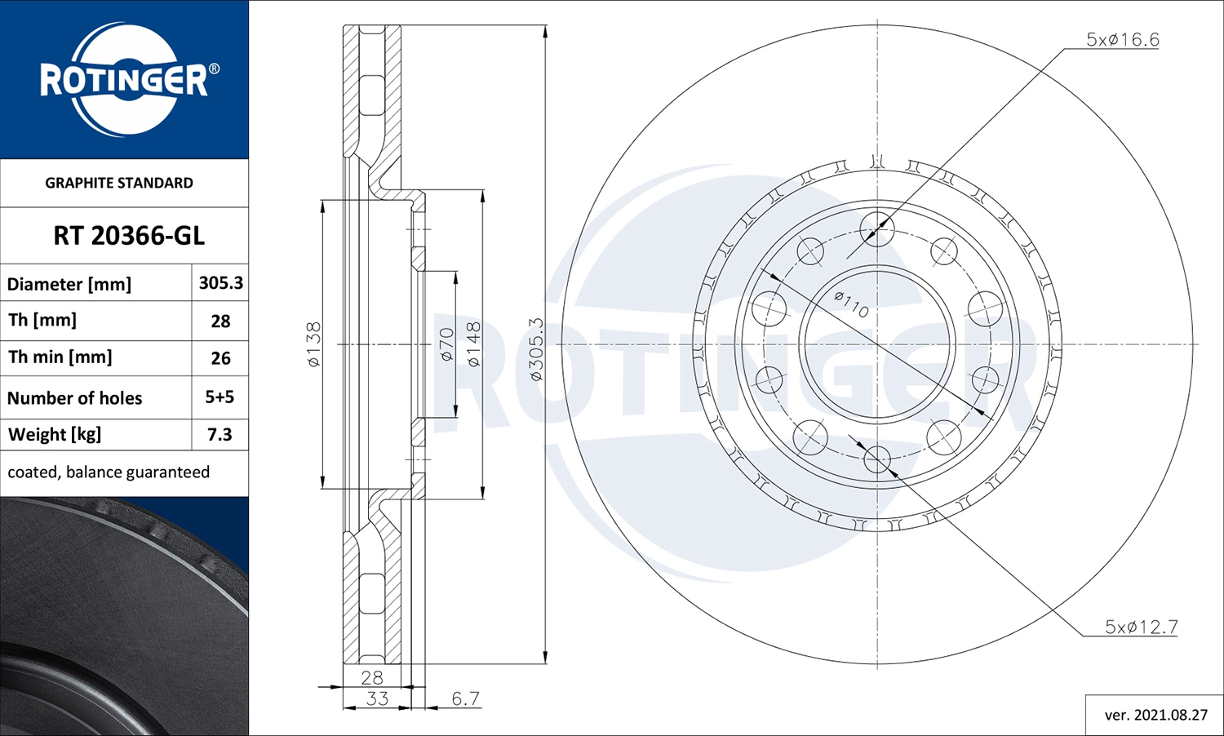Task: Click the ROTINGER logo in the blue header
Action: tap(127, 79)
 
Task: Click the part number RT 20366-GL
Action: tap(129, 236)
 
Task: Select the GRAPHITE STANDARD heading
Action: tap(119, 183)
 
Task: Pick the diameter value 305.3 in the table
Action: tap(220, 283)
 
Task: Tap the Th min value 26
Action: tap(220, 358)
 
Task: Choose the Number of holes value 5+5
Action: tap(220, 397)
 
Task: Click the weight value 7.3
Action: tap(220, 435)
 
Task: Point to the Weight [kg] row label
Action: tap(55, 435)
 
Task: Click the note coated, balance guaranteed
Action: tap(109, 472)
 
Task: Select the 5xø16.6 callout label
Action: tap(1122, 39)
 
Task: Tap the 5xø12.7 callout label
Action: tap(1141, 627)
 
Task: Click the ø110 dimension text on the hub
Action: tap(851, 304)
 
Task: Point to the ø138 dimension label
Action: tap(314, 344)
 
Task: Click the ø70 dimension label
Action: tap(446, 344)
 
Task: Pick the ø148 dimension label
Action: tap(473, 344)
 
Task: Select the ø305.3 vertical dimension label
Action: tap(536, 349)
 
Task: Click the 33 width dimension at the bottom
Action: tap(377, 698)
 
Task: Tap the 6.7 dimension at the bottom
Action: tap(465, 698)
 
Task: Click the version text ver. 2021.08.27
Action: tap(1155, 715)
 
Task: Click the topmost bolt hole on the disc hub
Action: tap(877, 228)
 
